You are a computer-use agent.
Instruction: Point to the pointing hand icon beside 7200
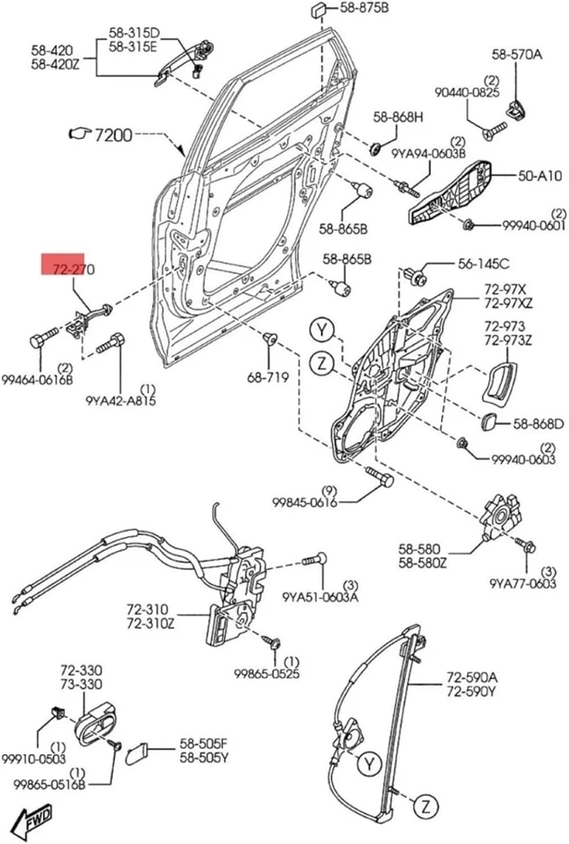(78, 133)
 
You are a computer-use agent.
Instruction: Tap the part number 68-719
(268, 377)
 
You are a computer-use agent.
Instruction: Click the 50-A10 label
(539, 176)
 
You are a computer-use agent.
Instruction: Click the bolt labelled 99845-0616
(380, 477)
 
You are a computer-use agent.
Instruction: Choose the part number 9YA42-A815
(120, 401)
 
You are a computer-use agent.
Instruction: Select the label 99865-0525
(267, 673)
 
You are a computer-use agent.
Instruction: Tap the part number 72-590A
(472, 677)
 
